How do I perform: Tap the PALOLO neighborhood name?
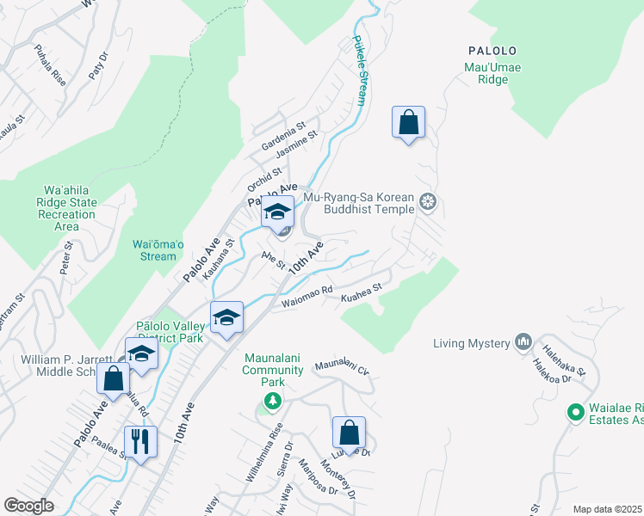click(492, 51)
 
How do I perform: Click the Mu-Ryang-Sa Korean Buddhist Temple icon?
click(428, 203)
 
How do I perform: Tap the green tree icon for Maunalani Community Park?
click(273, 401)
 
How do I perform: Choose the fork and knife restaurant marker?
click(139, 442)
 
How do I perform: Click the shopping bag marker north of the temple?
click(408, 122)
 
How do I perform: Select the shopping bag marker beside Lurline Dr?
click(349, 433)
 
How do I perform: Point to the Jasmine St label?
click(298, 144)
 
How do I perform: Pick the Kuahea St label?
click(361, 295)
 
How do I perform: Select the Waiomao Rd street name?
click(307, 297)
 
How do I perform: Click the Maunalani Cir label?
click(342, 369)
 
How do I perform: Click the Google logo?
click(28, 506)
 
